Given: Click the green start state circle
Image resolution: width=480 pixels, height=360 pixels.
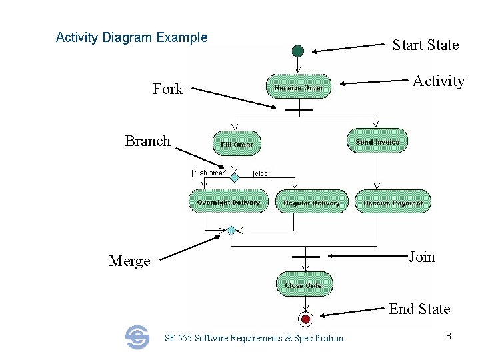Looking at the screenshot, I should pos(298,51).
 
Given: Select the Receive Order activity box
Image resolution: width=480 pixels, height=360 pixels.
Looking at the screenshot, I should pos(298,87).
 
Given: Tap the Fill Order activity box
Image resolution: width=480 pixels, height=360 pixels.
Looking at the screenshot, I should pos(237,144).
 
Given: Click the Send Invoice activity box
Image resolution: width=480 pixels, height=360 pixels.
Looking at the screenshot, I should pos(377,141).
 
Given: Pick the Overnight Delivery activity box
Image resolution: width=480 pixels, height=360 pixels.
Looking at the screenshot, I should pos(228,201).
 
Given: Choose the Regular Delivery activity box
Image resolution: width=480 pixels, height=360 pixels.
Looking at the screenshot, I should pos(311,202).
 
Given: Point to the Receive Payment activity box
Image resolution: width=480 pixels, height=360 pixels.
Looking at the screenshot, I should pos(393,202).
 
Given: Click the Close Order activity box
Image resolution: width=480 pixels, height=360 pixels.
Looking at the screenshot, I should pos(304,285).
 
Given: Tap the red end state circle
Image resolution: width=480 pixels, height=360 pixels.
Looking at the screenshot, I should pos(305,319).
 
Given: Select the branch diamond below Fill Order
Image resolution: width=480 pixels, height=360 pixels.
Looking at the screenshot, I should pos(234,177).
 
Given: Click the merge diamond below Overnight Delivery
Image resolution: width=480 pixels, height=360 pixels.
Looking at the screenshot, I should pos(231,230).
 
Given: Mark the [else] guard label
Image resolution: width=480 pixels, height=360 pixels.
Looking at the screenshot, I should pos(261,174).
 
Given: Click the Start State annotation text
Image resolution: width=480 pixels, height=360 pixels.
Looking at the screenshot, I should pos(425,45).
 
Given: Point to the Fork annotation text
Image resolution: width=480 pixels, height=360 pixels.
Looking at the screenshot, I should pos(167,89).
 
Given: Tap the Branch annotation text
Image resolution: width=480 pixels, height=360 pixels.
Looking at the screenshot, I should pos(147,141).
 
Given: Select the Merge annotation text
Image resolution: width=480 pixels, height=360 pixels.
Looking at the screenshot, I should pos(129,261).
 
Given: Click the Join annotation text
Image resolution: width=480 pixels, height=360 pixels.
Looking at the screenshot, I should pos(421,257).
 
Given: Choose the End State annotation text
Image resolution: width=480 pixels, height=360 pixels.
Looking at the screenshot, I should pos(419,309).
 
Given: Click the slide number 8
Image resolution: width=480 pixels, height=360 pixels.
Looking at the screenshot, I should pos(449,337).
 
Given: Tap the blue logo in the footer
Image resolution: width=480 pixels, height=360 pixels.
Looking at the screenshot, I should pos(137,337).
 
